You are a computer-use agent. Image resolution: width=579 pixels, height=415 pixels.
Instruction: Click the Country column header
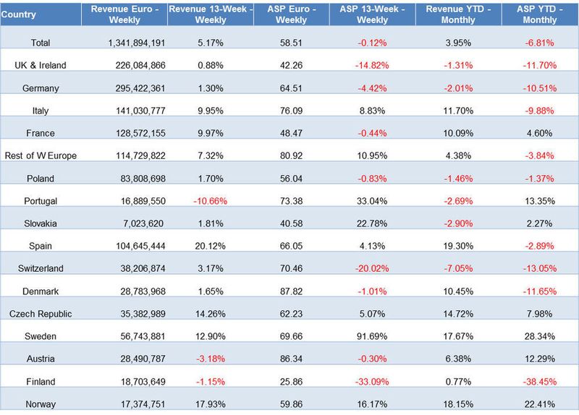click(19, 14)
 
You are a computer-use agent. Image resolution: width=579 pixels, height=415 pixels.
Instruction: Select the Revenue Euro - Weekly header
click(124, 14)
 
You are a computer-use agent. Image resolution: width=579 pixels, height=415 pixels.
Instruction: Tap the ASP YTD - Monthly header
click(539, 14)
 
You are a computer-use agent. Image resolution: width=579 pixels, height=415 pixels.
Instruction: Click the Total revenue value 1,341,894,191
click(137, 43)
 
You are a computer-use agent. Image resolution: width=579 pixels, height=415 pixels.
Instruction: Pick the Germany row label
click(41, 88)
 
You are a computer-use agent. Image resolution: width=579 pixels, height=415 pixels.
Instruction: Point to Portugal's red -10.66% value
click(210, 201)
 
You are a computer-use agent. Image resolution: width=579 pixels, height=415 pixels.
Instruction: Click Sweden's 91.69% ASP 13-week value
click(372, 336)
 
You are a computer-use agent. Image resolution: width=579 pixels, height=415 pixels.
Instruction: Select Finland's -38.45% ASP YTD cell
click(539, 382)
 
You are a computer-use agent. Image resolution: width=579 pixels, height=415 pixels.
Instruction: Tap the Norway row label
click(41, 404)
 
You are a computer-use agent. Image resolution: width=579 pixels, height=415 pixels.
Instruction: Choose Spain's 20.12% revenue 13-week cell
click(210, 246)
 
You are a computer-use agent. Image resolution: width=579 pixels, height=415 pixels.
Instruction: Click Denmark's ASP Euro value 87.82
click(291, 291)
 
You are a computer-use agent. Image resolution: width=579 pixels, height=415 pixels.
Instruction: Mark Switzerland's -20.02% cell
click(372, 268)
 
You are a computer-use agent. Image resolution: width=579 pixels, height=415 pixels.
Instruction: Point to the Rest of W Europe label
click(41, 155)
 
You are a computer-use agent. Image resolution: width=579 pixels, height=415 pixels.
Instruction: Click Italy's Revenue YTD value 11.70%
click(458, 111)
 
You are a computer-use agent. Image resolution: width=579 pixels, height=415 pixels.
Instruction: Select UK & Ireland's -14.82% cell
click(372, 65)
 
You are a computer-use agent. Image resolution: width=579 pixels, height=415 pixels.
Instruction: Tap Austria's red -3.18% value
click(210, 359)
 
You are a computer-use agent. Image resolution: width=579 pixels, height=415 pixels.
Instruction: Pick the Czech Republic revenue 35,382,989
click(143, 314)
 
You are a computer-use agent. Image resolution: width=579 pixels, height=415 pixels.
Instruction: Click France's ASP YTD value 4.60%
click(539, 133)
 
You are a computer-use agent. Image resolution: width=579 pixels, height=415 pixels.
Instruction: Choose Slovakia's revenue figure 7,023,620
click(143, 223)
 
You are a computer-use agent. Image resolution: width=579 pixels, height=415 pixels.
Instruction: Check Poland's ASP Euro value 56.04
click(291, 179)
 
